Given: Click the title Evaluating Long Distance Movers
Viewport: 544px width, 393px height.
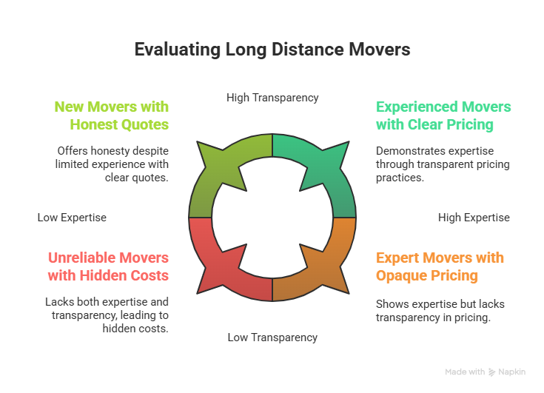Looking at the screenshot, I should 272,50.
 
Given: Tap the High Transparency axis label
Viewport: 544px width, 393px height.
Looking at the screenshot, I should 272,98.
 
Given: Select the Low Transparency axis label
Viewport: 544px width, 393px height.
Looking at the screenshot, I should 272,337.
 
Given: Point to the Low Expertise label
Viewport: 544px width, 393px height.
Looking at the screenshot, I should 72,218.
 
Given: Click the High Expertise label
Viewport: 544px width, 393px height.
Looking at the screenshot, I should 474,218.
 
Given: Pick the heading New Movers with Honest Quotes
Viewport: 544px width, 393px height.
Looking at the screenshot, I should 112,115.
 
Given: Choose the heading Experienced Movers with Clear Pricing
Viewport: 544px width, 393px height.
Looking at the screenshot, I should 443,115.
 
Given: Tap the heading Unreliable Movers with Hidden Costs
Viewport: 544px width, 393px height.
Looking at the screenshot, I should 109,266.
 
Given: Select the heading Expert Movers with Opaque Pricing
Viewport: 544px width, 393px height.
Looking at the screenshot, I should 440,266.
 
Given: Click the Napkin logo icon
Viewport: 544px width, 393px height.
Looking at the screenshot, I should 492,372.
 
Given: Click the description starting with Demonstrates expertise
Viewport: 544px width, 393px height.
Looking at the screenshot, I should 443,164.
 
